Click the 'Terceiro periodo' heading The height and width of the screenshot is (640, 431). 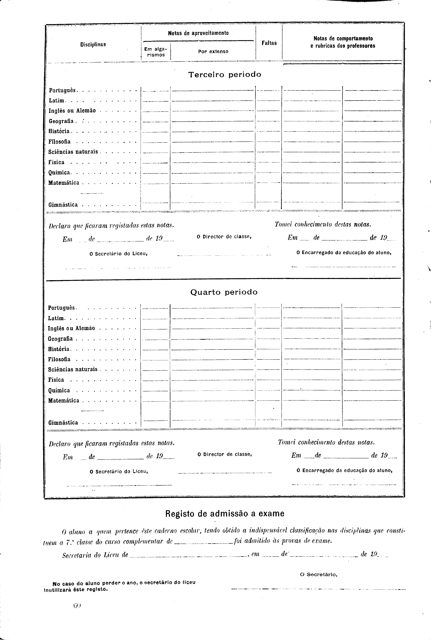click(225, 75)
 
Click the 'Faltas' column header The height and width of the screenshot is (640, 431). click(269, 43)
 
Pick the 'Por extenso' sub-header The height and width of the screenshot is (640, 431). click(213, 51)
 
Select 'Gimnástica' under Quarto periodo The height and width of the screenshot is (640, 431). click(63, 422)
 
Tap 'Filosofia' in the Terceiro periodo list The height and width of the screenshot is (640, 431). click(59, 142)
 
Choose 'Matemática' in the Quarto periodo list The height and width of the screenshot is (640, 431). click(63, 400)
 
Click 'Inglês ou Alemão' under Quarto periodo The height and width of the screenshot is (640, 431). click(71, 328)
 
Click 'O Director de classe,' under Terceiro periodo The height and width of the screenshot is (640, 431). click(224, 237)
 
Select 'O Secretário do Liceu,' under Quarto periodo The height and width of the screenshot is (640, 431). click(119, 471)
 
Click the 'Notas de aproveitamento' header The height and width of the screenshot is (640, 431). click(198, 33)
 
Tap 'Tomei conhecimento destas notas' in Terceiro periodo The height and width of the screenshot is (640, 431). click(323, 224)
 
